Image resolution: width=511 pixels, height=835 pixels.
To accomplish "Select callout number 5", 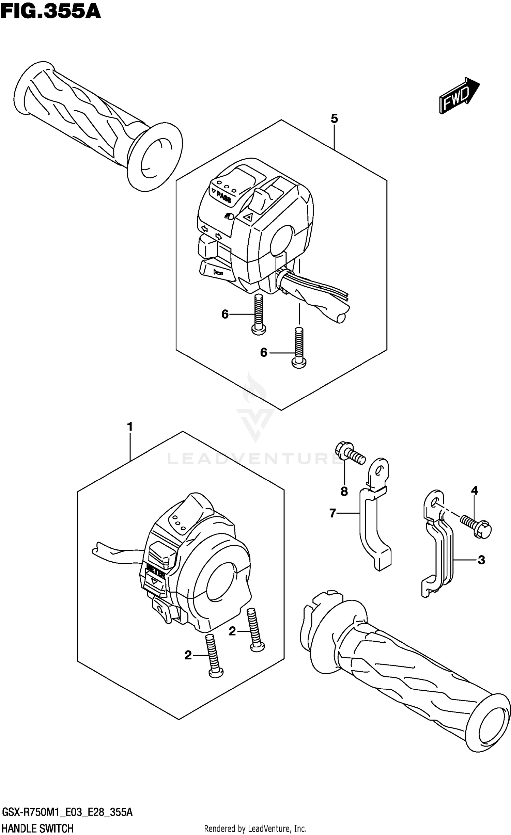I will pyautogui.click(x=334, y=119).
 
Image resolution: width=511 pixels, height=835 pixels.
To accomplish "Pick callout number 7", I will pyautogui.click(x=333, y=513).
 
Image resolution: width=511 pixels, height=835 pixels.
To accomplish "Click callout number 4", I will pyautogui.click(x=474, y=490).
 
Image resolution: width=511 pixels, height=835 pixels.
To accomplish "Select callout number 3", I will pyautogui.click(x=481, y=560).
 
